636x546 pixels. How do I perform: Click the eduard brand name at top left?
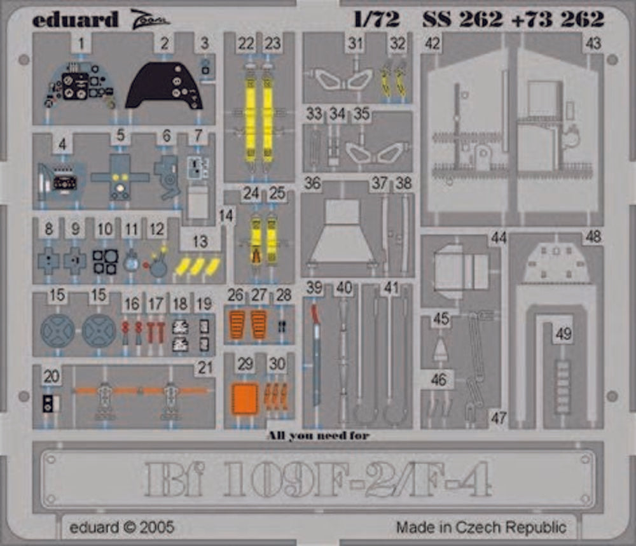(x=75, y=19)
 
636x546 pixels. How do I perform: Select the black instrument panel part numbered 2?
(x=164, y=86)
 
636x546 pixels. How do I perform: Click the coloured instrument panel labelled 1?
(x=79, y=87)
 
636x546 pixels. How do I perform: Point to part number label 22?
(x=245, y=43)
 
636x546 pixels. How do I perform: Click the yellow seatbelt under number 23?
(x=268, y=118)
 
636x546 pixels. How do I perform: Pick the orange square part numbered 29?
(x=244, y=399)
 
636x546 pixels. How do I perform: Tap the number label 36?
(x=312, y=183)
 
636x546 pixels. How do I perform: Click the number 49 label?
(x=563, y=333)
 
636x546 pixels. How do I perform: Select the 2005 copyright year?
(x=156, y=527)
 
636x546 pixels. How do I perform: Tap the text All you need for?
(x=318, y=436)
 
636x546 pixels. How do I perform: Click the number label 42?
(x=432, y=43)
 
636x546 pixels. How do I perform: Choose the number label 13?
(x=200, y=242)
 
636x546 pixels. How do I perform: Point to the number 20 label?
(x=52, y=376)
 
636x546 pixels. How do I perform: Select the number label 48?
(x=593, y=237)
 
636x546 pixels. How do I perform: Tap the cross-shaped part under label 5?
(x=120, y=178)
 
